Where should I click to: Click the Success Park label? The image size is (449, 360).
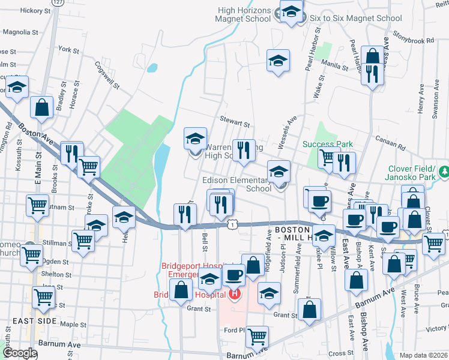click(327, 144)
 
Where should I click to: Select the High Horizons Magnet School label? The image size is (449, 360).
click(244, 14)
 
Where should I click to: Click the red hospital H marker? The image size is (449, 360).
click(234, 294)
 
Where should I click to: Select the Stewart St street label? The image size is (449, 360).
click(235, 122)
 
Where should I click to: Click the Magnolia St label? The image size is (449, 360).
click(20, 31)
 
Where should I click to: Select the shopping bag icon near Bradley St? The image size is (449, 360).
click(42, 108)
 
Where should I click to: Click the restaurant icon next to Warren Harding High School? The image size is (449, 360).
click(243, 151)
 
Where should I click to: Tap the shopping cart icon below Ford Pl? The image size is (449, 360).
click(257, 337)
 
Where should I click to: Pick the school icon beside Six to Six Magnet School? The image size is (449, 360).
click(292, 12)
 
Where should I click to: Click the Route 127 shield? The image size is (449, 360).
click(58, 3)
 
